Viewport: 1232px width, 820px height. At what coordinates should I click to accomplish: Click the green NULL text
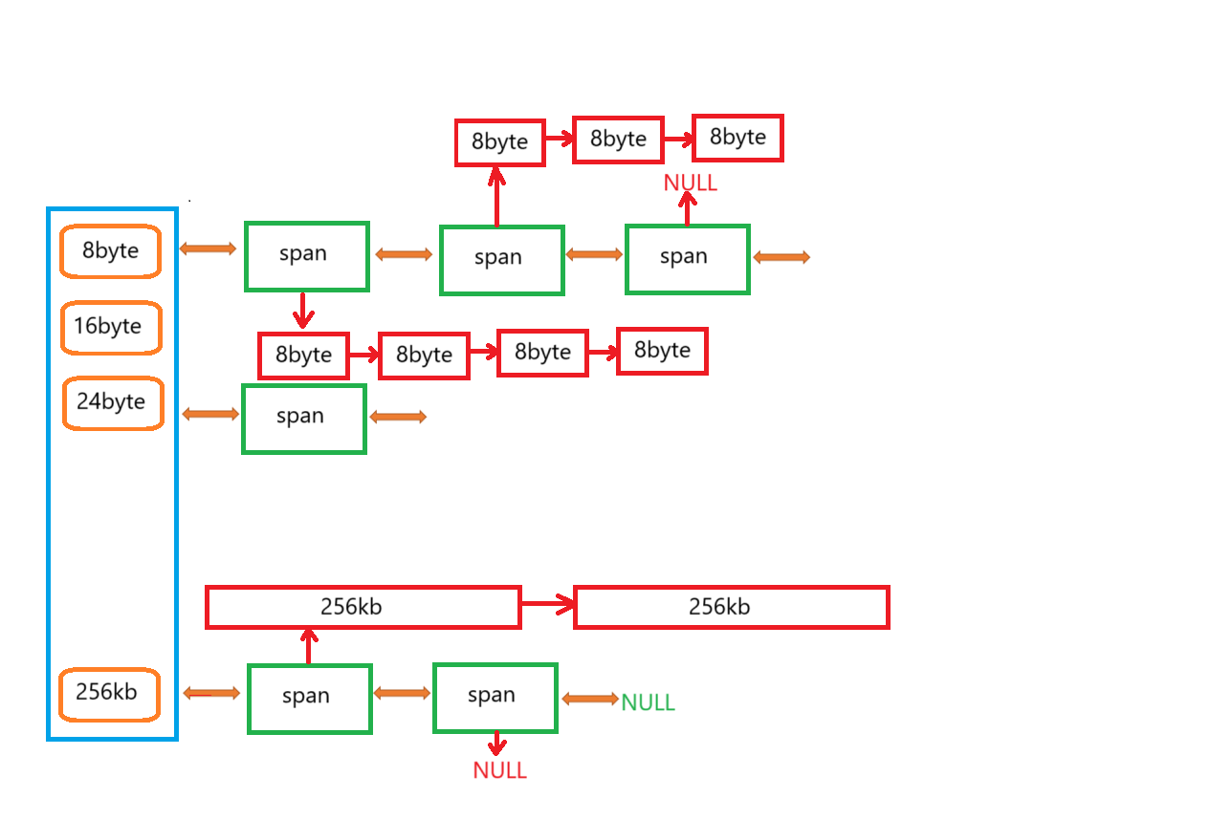(648, 702)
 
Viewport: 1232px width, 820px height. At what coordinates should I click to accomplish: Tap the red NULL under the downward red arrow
(499, 770)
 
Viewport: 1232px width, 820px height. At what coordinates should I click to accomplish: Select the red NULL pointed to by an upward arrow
(690, 183)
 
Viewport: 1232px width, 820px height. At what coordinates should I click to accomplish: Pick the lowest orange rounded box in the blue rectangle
(109, 695)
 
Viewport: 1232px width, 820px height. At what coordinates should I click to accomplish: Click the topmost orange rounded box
(110, 251)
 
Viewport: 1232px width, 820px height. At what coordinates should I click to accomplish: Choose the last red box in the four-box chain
(662, 351)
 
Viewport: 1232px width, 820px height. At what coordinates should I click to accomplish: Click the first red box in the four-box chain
(303, 356)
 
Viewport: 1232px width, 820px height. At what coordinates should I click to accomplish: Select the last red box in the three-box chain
(737, 138)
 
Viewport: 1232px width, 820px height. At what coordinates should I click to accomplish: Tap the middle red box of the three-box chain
(618, 140)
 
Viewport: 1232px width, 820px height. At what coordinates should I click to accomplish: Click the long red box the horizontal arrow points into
(732, 607)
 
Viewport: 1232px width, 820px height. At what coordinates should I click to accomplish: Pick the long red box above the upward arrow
(363, 607)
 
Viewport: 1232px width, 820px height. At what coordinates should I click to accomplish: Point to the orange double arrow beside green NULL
(590, 699)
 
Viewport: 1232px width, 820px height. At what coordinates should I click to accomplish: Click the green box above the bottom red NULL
(495, 698)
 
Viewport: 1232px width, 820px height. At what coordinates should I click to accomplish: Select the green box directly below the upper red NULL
(688, 259)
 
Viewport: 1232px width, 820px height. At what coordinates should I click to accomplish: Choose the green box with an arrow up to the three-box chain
(502, 260)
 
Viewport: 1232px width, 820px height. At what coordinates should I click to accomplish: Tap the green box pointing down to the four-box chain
(307, 256)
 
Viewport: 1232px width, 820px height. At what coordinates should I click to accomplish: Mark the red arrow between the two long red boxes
(548, 603)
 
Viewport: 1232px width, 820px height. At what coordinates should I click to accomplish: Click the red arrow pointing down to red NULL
(496, 744)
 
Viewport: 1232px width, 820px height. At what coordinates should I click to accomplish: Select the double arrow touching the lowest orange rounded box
(211, 693)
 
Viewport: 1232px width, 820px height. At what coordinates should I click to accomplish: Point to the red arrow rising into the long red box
(308, 646)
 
